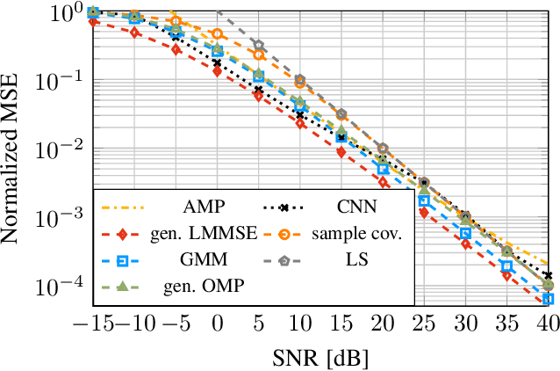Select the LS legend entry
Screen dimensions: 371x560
tap(355, 261)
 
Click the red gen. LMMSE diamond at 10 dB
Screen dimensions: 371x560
tap(300, 124)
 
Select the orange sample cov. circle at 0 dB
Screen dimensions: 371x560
tap(217, 34)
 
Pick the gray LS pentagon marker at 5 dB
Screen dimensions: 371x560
tap(258, 44)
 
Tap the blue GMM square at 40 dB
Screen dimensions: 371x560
tap(548, 299)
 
